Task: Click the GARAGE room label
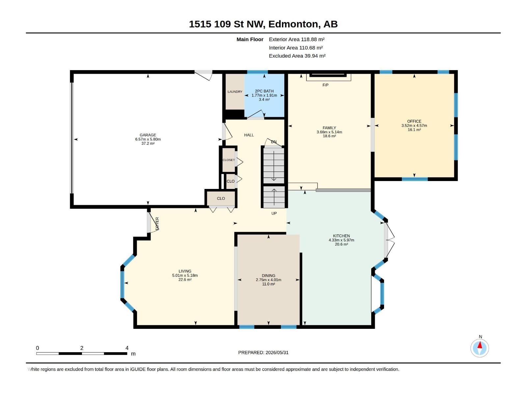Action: click(148, 135)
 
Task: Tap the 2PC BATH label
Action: click(264, 91)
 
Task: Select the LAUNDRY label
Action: click(235, 92)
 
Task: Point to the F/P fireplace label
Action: click(325, 85)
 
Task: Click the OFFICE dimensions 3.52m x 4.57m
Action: click(414, 125)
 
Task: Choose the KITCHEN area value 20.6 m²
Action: click(341, 244)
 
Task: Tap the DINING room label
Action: click(268, 276)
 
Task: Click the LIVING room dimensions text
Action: click(185, 275)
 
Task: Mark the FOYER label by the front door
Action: click(157, 224)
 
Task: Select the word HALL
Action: click(249, 135)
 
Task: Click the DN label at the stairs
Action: click(274, 142)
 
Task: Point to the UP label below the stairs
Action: click(274, 213)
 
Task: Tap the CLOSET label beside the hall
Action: click(229, 160)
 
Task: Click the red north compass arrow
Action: click(480, 345)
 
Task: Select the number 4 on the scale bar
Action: click(127, 348)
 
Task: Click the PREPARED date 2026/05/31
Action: click(277, 353)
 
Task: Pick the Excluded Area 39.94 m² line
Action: click(297, 56)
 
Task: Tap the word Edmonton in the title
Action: click(293, 24)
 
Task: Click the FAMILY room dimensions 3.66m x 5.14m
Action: click(329, 132)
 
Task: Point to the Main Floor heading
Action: click(250, 39)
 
